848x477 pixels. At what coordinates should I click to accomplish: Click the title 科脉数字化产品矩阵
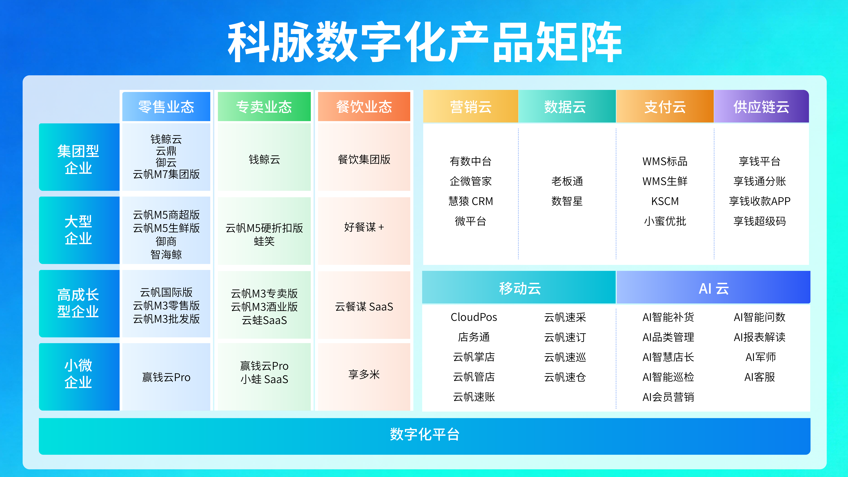click(x=424, y=42)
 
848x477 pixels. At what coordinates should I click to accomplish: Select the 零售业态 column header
click(x=166, y=107)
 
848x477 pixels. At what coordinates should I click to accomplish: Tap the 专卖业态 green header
click(x=264, y=107)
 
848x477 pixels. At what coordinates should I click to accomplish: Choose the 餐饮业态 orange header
click(x=364, y=107)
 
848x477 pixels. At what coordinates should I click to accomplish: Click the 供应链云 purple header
click(x=761, y=107)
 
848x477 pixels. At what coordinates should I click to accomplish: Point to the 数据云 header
click(x=565, y=107)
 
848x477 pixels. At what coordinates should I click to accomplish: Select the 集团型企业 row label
click(x=78, y=159)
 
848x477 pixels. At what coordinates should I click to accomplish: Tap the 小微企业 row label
click(x=78, y=374)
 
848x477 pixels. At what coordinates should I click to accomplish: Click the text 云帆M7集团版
click(x=166, y=174)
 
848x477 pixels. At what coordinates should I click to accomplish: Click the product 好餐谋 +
click(x=364, y=227)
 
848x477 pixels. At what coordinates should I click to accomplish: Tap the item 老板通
click(x=567, y=181)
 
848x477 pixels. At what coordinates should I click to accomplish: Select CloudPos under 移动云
click(x=474, y=317)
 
